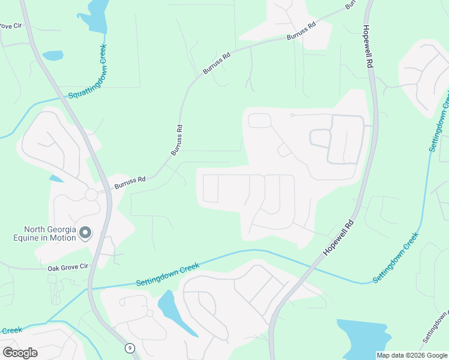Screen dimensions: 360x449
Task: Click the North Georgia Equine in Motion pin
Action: click(85, 232)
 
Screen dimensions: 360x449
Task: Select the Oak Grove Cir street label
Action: click(68, 268)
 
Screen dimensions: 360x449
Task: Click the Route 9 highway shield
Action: click(130, 348)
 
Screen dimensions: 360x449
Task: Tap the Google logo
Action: click(20, 353)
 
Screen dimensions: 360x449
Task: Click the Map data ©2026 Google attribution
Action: click(412, 355)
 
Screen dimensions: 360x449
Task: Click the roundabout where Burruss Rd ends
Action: click(91, 194)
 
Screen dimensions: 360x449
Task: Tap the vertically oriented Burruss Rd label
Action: click(177, 140)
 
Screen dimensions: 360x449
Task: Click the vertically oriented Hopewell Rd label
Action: click(369, 47)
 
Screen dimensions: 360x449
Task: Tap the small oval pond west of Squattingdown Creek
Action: click(53, 55)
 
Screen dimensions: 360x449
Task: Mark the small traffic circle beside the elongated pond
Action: click(149, 313)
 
